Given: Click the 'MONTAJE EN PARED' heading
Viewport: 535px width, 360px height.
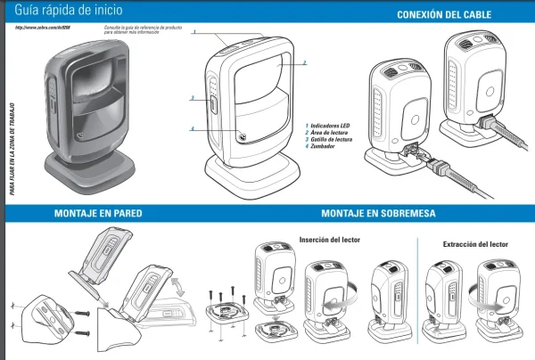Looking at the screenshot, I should tap(98, 214).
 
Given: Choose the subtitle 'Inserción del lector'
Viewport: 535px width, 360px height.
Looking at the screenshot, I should tap(331, 238).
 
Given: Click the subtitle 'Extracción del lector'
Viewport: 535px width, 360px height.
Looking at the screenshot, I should tap(477, 243).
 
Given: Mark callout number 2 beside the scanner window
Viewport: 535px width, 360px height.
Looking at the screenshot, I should tap(305, 63).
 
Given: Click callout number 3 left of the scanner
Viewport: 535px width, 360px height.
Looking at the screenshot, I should tap(192, 98).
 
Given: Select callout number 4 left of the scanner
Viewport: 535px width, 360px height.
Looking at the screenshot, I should tap(192, 129).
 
